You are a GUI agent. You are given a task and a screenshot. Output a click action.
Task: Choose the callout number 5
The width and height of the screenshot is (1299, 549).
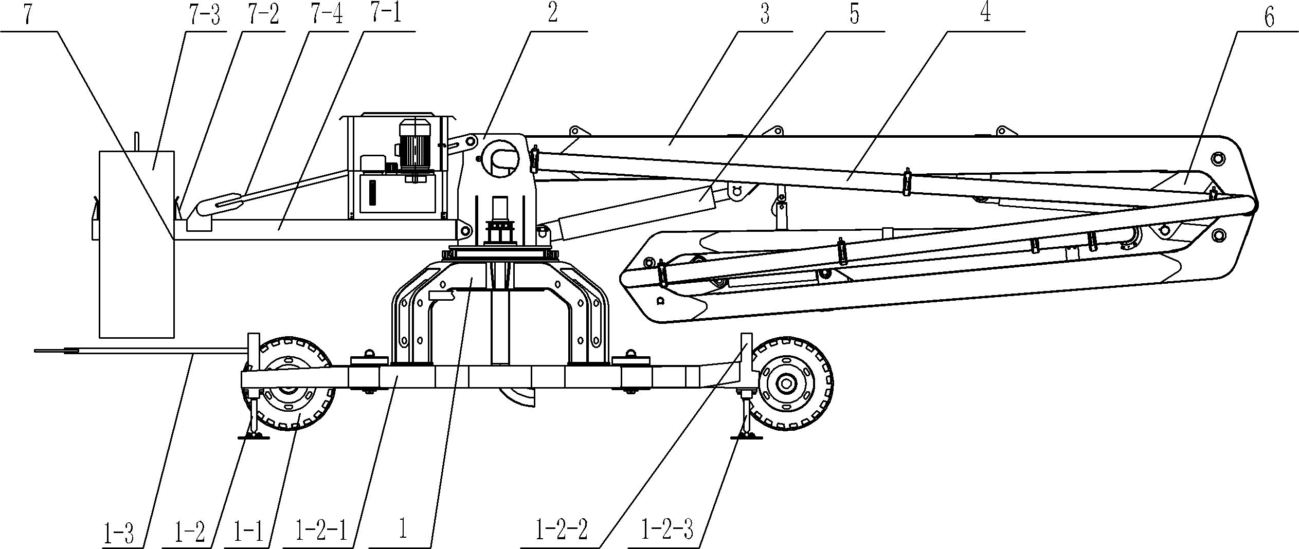(854, 15)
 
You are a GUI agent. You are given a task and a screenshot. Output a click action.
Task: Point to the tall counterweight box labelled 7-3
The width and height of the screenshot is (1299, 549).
(136, 244)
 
